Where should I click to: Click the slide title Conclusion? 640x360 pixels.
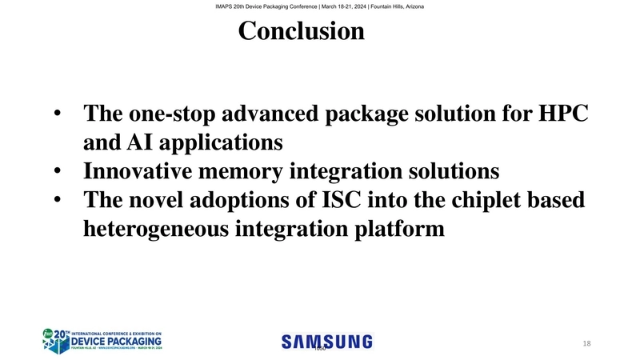click(x=301, y=31)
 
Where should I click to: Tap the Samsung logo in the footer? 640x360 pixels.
click(x=327, y=341)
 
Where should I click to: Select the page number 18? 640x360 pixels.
click(x=586, y=343)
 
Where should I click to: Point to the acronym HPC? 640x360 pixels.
click(x=562, y=114)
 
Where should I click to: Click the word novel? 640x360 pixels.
click(x=156, y=201)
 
